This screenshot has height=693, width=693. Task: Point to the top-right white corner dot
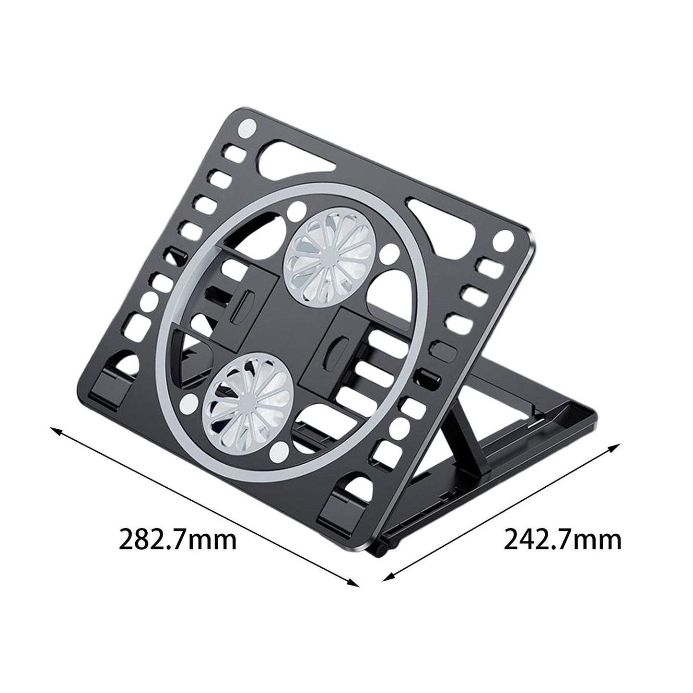503,238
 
